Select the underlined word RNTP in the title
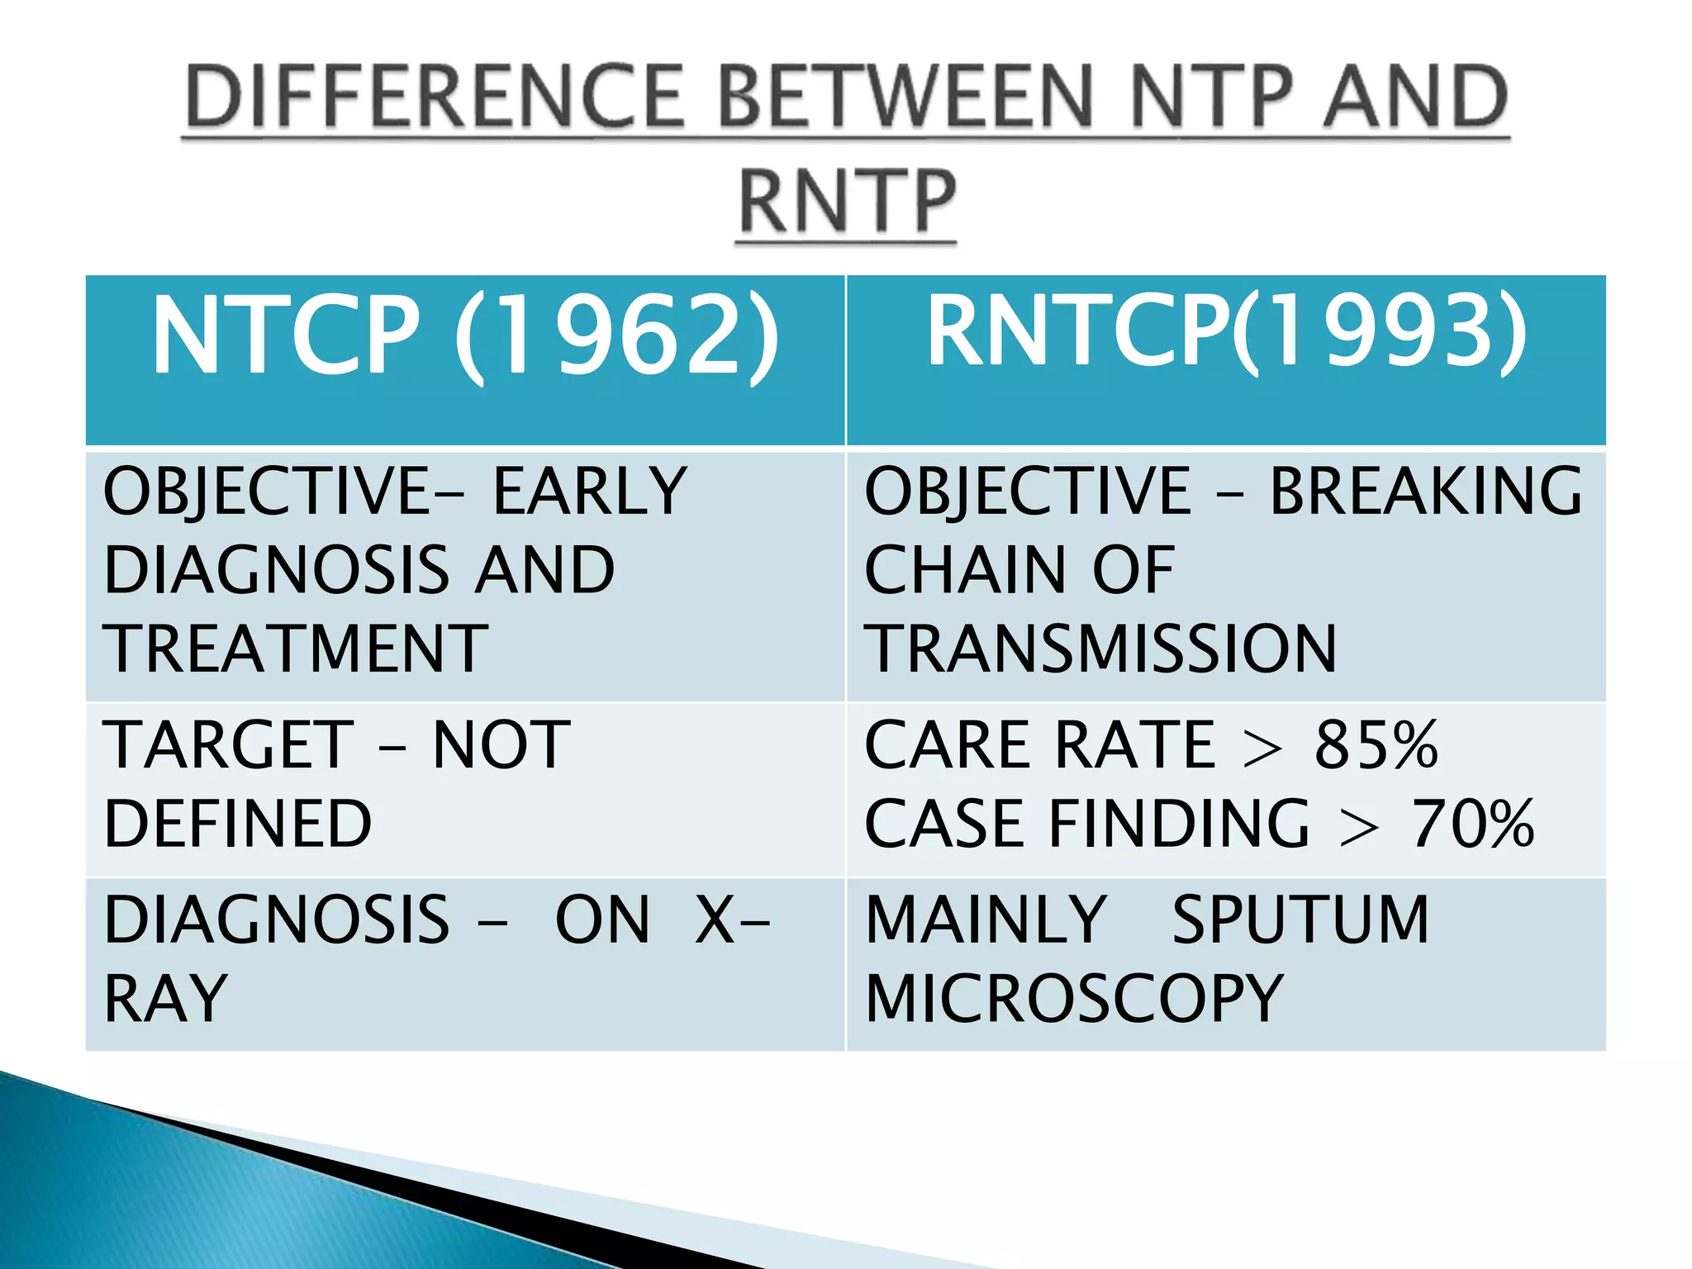coord(847,202)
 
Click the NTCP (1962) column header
coord(465,335)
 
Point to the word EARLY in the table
coord(590,492)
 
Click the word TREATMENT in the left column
coord(296,649)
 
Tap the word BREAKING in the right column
coord(1426,492)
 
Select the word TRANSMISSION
coord(1100,649)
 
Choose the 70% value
coord(1472,824)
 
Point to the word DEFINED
coord(238,824)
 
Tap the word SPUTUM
coord(1300,920)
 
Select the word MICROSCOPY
coord(1074,999)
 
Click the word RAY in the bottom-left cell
coord(165,999)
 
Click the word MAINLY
coord(986,920)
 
